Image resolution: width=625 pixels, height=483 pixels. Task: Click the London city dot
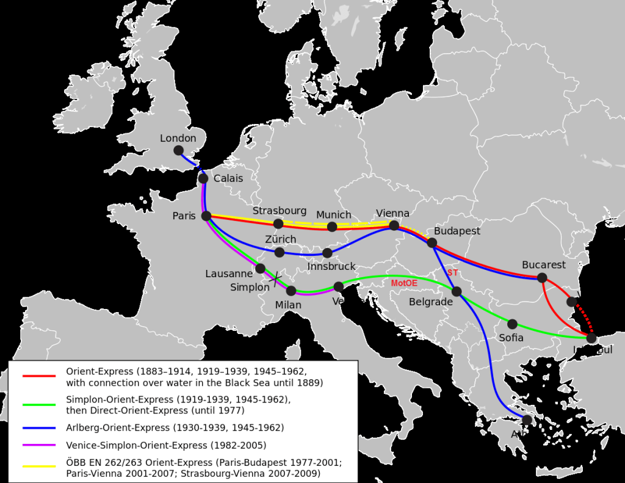tap(178, 150)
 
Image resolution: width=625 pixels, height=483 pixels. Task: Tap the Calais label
tap(228, 178)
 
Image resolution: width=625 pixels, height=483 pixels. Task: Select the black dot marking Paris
tap(206, 216)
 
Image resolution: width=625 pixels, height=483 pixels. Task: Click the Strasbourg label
tap(280, 211)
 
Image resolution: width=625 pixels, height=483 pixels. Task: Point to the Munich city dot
tap(332, 227)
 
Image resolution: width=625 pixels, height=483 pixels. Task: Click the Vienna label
tap(392, 213)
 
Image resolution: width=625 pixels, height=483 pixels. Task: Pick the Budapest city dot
tap(432, 243)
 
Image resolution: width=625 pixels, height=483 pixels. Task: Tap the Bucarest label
tap(544, 265)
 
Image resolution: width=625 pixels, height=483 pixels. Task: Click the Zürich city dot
tap(280, 252)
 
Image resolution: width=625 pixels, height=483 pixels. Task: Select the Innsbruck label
tap(331, 266)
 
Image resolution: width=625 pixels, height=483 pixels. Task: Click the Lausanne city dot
tap(261, 268)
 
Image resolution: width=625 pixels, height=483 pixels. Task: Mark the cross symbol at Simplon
tap(276, 279)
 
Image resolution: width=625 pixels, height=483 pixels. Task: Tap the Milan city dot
tap(291, 291)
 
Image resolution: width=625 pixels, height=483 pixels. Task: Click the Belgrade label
tap(431, 302)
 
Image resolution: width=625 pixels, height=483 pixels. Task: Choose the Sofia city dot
tap(513, 324)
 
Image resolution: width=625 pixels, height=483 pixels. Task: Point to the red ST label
tap(452, 272)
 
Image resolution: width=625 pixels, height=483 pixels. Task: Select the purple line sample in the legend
tap(39, 445)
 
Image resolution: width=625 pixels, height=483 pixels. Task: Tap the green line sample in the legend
tap(39, 404)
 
